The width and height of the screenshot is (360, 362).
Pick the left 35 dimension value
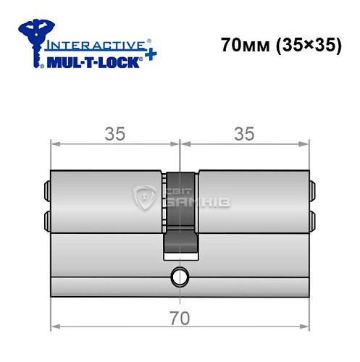(114, 134)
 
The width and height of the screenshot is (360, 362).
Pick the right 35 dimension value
(243, 134)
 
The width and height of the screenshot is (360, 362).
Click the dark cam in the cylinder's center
(179, 217)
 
